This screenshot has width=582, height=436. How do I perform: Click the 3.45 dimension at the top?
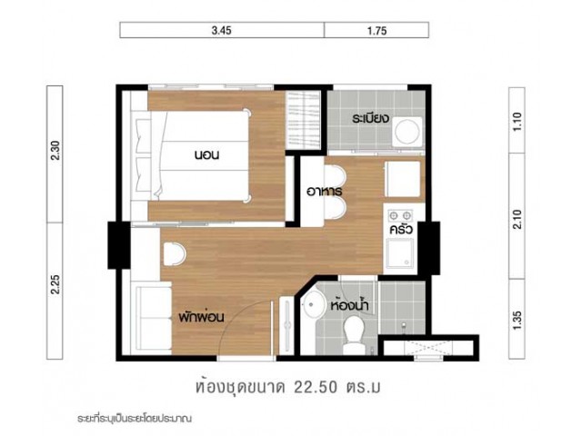(x=222, y=30)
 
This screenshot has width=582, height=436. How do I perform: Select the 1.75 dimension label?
(x=377, y=30)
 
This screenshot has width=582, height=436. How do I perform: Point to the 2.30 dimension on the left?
(x=55, y=151)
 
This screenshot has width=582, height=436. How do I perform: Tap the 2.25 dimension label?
(x=55, y=284)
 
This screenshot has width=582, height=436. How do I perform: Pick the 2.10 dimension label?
(x=517, y=219)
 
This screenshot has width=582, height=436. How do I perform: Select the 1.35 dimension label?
(x=517, y=320)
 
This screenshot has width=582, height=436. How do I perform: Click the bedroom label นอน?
(x=206, y=154)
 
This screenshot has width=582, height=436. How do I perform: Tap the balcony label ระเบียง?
(x=370, y=119)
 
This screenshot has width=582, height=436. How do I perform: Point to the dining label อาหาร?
(x=324, y=192)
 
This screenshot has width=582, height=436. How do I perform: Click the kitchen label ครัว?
(x=401, y=229)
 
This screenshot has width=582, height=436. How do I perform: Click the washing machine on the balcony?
(x=408, y=132)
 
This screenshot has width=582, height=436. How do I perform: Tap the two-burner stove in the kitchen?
(x=400, y=214)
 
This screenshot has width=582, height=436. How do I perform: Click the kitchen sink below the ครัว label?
(x=400, y=253)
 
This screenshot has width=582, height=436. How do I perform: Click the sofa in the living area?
(x=154, y=317)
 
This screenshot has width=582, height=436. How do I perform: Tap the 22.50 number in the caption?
(x=316, y=387)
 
